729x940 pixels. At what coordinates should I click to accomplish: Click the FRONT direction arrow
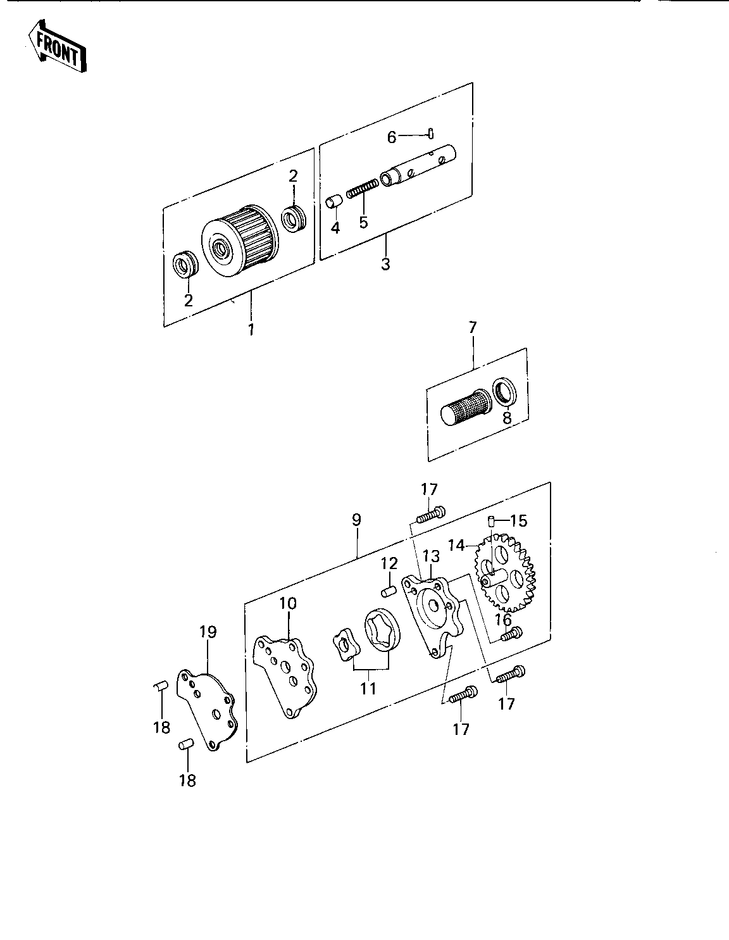(x=57, y=46)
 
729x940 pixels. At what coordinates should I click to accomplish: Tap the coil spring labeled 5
(x=363, y=189)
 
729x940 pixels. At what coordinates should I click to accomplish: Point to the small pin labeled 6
(x=432, y=133)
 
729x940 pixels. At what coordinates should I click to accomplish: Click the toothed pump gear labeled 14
(x=505, y=571)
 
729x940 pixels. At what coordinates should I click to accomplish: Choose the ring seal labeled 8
(x=504, y=391)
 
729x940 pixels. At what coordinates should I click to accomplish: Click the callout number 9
(x=356, y=520)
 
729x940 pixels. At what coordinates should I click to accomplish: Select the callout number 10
(x=288, y=603)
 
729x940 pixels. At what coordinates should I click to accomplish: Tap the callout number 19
(x=208, y=632)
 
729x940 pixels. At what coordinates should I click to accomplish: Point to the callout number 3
(x=385, y=264)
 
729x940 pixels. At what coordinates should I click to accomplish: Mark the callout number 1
(x=251, y=330)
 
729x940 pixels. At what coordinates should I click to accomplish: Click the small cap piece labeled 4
(x=333, y=202)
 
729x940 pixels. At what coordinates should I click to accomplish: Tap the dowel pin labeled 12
(x=389, y=591)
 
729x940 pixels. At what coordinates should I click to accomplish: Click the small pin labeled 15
(x=492, y=522)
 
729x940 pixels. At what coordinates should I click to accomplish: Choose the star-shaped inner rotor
(x=346, y=648)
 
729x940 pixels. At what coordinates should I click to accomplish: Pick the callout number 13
(x=431, y=556)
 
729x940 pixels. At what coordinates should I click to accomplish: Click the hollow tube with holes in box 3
(x=418, y=166)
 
